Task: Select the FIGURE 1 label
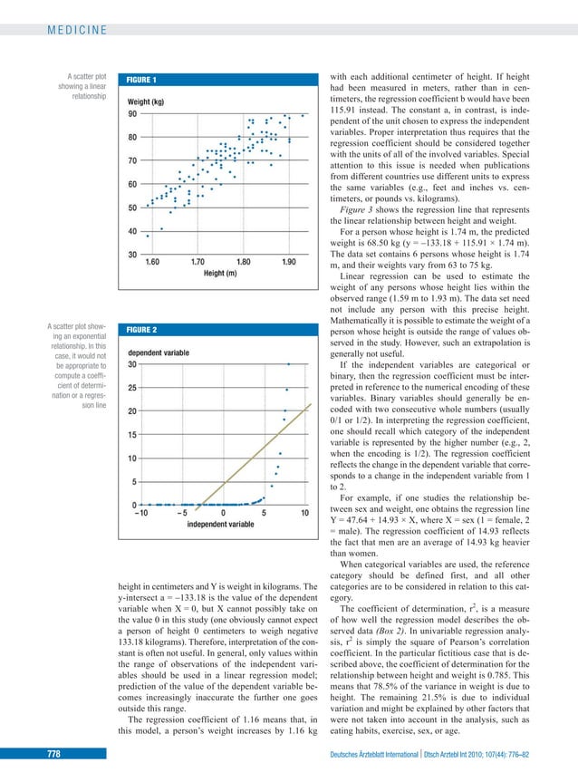click(142, 79)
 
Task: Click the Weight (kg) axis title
click(145, 101)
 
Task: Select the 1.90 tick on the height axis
click(287, 262)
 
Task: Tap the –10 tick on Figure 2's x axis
click(140, 513)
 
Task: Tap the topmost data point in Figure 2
click(289, 364)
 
